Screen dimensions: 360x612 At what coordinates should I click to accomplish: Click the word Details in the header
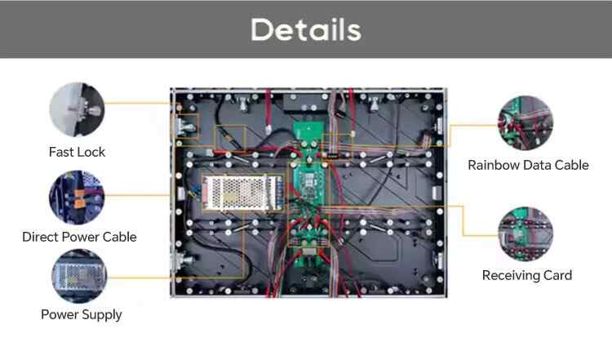[305, 29]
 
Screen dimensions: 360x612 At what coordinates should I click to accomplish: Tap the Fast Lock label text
[77, 152]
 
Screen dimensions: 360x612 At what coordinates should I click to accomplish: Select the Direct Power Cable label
[79, 237]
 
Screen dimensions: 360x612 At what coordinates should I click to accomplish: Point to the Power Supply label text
[82, 314]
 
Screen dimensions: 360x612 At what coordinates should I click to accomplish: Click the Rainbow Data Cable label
[528, 165]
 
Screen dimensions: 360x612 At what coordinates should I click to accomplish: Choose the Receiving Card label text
[526, 275]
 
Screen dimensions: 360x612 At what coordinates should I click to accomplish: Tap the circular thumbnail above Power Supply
[79, 276]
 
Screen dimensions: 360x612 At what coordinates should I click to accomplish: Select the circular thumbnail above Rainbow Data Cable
[526, 122]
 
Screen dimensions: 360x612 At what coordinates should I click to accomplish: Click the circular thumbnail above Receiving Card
[526, 234]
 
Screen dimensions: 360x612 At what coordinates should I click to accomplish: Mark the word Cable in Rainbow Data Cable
[570, 165]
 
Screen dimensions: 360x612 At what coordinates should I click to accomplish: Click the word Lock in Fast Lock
[91, 152]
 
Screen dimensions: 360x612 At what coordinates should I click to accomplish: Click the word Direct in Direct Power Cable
[41, 237]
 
